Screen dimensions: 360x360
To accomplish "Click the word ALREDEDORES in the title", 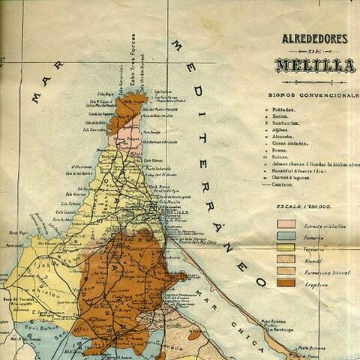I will [x=314, y=38].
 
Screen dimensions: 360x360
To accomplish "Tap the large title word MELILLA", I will [x=314, y=66].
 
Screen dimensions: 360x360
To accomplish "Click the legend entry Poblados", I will [x=286, y=109].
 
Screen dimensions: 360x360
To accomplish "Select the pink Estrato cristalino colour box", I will [x=286, y=223].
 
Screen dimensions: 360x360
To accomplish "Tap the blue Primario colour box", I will [x=286, y=235].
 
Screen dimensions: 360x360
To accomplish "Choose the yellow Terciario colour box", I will [x=286, y=247].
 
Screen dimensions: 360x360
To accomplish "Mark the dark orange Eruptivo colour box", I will [x=286, y=283].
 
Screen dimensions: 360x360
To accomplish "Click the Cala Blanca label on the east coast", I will [x=153, y=160].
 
